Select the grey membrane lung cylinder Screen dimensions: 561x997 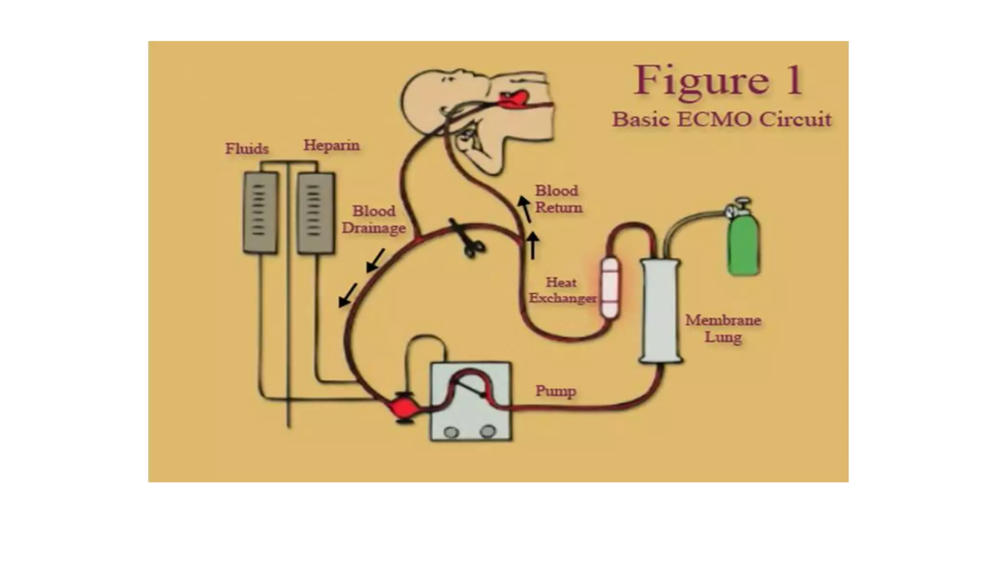(x=661, y=311)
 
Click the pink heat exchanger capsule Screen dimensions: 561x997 (x=610, y=288)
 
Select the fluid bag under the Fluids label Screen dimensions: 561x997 (x=260, y=212)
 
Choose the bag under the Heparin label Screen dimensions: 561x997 (x=315, y=213)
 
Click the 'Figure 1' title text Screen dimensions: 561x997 (x=718, y=80)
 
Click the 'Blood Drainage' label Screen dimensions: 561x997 (x=373, y=219)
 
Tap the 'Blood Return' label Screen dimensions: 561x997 (x=558, y=199)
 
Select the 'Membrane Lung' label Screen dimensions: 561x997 (x=723, y=328)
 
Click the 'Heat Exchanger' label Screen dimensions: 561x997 (x=562, y=290)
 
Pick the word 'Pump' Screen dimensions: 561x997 (x=555, y=391)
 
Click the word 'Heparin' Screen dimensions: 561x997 (x=332, y=145)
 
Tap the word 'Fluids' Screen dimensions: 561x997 (x=247, y=149)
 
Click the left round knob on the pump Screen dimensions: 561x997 (x=451, y=432)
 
